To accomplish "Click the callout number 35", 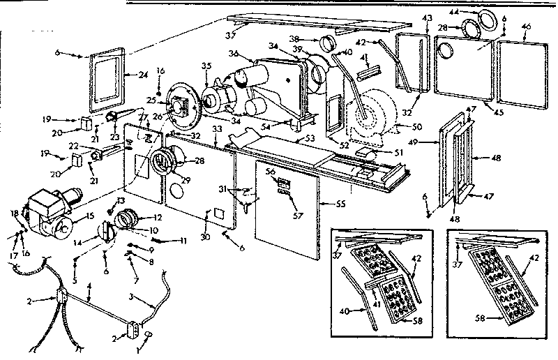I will pyautogui.click(x=205, y=66).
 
